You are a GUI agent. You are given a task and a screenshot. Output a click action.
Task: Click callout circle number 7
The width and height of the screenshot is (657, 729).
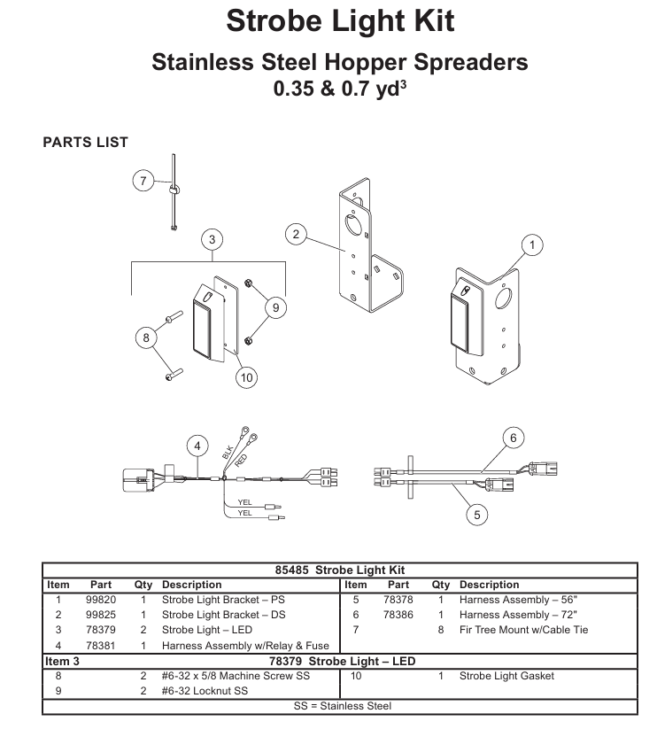[143, 181]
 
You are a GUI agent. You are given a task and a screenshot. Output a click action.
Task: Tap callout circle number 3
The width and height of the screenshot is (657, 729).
[212, 239]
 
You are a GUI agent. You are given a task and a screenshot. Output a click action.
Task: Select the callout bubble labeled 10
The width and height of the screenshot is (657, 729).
[246, 377]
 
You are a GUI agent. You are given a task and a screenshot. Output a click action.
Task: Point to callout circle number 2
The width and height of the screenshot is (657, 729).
[296, 234]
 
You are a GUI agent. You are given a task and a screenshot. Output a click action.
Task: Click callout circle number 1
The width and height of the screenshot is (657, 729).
[532, 245]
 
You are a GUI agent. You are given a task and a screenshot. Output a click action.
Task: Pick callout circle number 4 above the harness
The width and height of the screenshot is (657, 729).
[197, 446]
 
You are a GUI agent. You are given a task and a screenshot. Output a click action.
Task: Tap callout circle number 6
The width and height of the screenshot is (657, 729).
[514, 438]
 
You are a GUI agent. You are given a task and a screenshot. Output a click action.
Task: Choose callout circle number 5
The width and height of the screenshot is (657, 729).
[477, 515]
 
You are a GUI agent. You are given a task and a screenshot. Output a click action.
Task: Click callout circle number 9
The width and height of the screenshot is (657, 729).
[276, 307]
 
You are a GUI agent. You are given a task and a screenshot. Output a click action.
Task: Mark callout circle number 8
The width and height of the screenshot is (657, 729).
[146, 337]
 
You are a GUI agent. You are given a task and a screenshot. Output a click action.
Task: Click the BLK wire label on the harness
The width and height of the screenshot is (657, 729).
[228, 453]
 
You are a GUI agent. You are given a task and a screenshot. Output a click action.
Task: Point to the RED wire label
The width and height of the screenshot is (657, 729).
[241, 461]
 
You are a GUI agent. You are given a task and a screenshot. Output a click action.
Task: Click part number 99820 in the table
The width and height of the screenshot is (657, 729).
[101, 600]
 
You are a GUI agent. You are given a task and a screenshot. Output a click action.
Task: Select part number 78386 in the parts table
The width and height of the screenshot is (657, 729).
[398, 615]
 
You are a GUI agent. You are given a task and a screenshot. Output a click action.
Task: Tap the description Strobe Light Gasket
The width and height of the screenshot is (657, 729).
[507, 676]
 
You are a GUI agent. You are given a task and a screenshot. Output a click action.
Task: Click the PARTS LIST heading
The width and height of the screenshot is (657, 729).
[86, 143]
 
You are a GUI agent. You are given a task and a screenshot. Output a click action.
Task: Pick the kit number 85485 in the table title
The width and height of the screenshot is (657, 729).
[292, 570]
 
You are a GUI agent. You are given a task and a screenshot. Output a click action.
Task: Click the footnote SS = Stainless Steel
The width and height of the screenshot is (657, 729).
[343, 706]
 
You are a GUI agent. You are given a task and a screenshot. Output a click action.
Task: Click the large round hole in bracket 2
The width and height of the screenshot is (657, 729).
[352, 226]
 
